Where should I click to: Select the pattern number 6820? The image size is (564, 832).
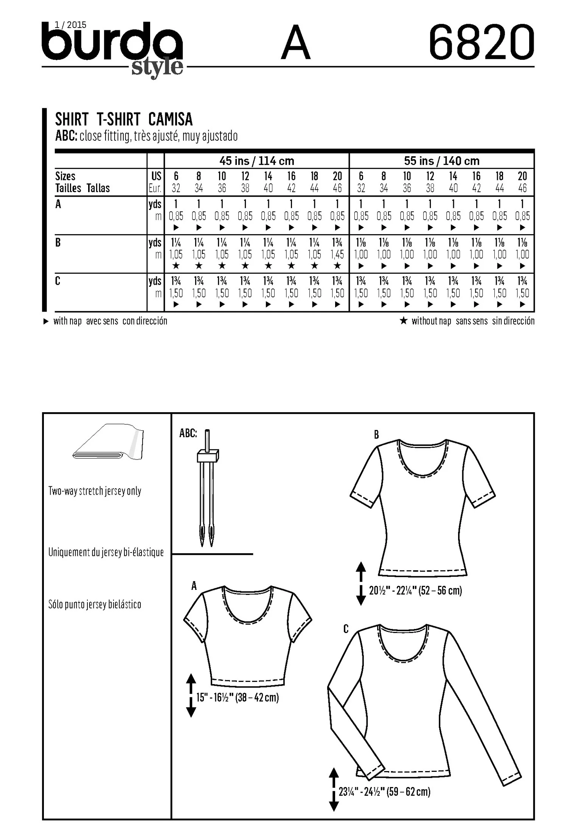[x=482, y=42]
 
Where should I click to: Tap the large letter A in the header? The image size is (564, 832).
[x=296, y=42]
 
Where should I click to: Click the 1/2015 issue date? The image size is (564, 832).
[x=70, y=25]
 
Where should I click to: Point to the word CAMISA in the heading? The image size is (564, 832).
[x=171, y=120]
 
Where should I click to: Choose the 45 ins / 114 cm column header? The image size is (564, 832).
[x=257, y=161]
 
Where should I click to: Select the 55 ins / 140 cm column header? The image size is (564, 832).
[x=442, y=161]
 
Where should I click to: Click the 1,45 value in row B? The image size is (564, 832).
[x=337, y=254]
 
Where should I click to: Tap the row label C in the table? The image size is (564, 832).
[x=58, y=281]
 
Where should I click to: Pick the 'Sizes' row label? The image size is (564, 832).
[x=65, y=176]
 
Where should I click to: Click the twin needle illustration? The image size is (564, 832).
[x=207, y=487]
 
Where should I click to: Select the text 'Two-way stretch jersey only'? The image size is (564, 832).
[x=95, y=491]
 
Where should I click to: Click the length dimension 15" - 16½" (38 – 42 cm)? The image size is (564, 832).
[x=238, y=697]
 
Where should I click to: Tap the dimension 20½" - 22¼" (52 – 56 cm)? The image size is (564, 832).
[x=415, y=590]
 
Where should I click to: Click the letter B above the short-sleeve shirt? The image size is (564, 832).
[x=376, y=435]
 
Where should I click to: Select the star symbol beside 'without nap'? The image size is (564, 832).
[x=404, y=321]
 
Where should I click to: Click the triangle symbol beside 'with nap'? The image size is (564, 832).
[x=46, y=321]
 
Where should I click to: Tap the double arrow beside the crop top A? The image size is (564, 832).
[x=191, y=695]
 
